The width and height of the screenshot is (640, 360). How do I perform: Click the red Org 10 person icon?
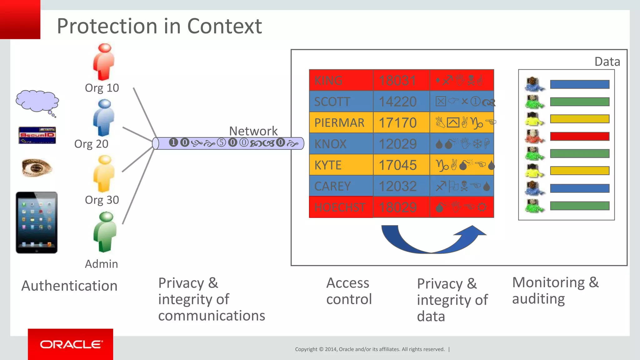(104, 62)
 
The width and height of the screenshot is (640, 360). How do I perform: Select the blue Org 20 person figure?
(104, 118)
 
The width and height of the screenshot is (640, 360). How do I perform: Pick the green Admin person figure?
(105, 232)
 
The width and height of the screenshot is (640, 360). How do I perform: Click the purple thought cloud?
(37, 102)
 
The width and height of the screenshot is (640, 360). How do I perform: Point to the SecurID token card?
(37, 135)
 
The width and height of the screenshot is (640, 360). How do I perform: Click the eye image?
(37, 167)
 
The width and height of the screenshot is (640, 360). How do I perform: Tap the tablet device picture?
(37, 222)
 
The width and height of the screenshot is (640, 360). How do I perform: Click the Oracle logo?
(71, 344)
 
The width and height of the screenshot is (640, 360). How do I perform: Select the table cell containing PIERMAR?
(341, 123)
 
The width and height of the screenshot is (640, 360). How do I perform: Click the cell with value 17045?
(401, 165)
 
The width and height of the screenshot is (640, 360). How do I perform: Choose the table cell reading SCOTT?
(341, 102)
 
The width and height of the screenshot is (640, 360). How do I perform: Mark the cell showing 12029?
(401, 144)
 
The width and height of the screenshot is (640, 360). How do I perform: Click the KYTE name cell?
(341, 165)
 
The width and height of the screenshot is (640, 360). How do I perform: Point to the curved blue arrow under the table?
(432, 241)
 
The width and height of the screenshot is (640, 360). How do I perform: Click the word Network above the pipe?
(253, 131)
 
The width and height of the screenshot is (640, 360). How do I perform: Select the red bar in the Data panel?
(580, 136)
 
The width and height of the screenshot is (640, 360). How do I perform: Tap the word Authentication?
(69, 286)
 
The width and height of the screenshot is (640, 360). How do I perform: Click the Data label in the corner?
(607, 62)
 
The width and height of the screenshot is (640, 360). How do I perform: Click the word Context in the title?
(224, 26)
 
